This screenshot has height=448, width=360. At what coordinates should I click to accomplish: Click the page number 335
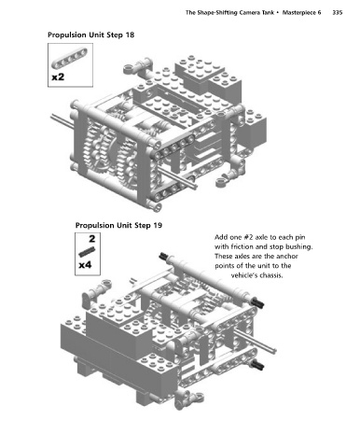[338, 13]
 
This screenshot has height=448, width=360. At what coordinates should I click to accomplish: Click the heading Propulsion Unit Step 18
[91, 35]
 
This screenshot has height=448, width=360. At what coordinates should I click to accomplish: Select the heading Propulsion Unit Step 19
[118, 225]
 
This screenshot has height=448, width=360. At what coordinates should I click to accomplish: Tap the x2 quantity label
[58, 77]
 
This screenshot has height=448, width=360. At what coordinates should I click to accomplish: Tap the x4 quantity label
[85, 265]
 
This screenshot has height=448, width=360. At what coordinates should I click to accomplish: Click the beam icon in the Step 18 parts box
[70, 58]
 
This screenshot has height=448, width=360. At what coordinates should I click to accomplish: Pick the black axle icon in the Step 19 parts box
[87, 252]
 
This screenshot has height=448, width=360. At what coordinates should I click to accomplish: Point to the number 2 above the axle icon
[92, 239]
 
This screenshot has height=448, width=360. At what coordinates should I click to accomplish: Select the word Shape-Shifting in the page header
[215, 13]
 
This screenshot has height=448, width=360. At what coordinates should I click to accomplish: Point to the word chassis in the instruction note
[271, 275]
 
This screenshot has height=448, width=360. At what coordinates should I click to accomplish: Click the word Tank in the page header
[268, 13]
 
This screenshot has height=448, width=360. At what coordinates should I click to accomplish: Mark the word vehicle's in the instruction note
[244, 275]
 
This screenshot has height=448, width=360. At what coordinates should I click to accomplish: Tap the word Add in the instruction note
[220, 237]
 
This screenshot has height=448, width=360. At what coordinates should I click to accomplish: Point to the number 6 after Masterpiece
[319, 13]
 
